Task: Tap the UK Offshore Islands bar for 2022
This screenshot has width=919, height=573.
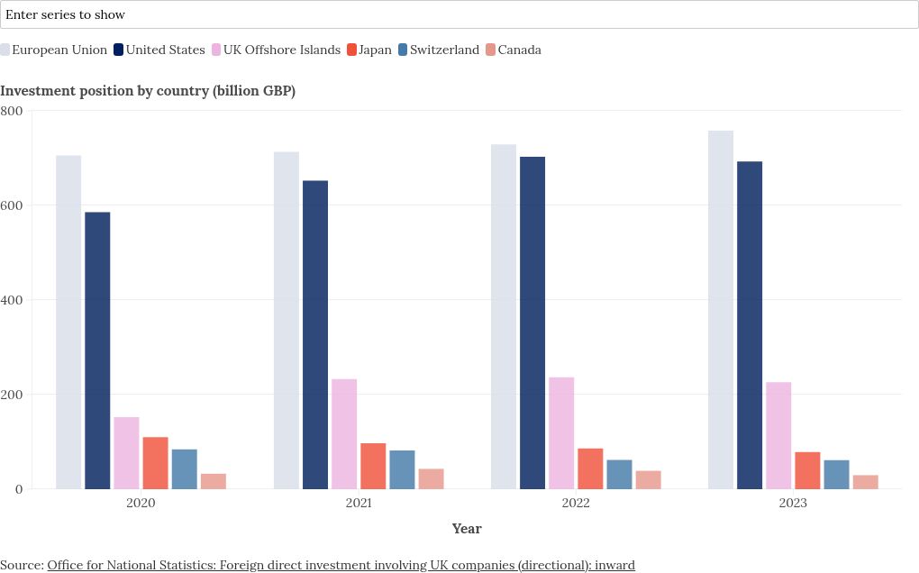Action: coord(561,433)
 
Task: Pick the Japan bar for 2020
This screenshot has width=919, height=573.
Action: coord(155,463)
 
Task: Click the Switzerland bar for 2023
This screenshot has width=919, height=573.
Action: coord(836,475)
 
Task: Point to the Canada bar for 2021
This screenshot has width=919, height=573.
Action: coord(431,479)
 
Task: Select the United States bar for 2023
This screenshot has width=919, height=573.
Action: coord(750,325)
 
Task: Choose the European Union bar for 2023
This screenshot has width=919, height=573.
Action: coord(721,310)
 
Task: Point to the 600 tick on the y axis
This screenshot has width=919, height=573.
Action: coord(14,205)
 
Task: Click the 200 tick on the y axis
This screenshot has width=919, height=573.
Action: coord(14,395)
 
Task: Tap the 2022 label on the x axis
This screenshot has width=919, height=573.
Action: coord(576,503)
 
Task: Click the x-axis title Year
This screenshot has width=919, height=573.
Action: coord(467,529)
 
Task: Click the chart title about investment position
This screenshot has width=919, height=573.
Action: coord(148,91)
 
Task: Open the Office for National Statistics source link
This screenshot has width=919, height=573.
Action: coord(341,565)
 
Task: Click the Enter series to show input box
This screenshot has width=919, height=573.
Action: coord(459,14)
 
